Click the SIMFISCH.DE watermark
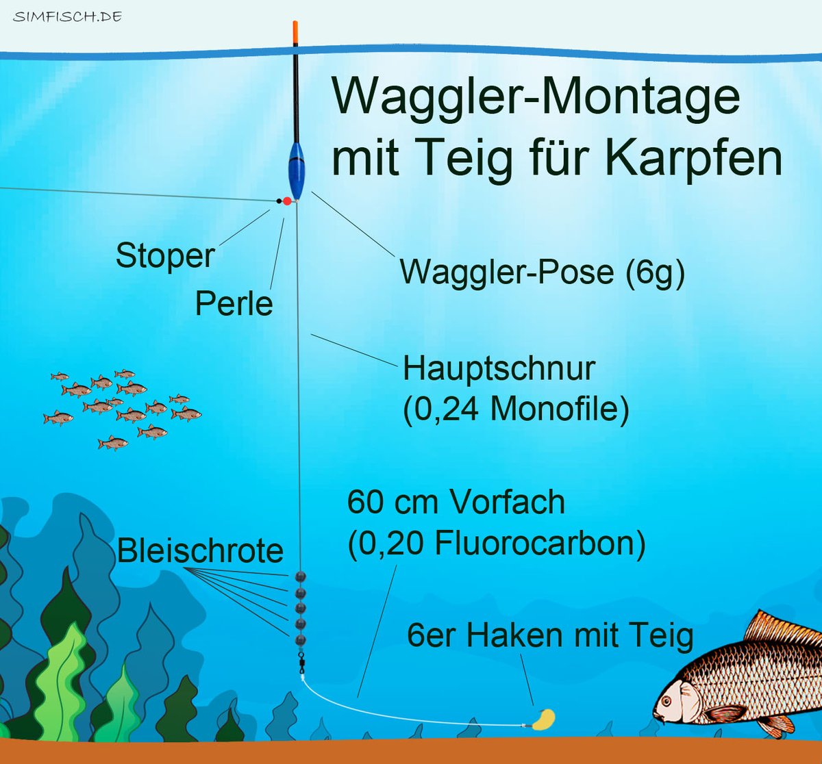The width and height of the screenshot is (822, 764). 67,16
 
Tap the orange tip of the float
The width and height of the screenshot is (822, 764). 295,31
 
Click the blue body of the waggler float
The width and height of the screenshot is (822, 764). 296,171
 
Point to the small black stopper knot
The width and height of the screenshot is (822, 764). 279,201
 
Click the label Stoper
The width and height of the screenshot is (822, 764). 165,256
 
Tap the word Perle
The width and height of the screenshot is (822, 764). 234,303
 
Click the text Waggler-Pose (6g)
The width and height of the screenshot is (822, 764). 542,272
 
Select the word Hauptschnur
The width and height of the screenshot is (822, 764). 499,368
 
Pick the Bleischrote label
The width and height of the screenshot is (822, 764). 200,551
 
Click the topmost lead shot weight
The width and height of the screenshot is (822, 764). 301,576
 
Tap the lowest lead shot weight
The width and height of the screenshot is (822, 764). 301,640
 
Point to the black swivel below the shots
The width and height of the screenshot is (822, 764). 301,660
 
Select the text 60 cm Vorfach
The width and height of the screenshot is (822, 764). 456,502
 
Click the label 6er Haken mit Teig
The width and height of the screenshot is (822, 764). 550,635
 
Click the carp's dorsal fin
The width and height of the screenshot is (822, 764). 781,627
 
